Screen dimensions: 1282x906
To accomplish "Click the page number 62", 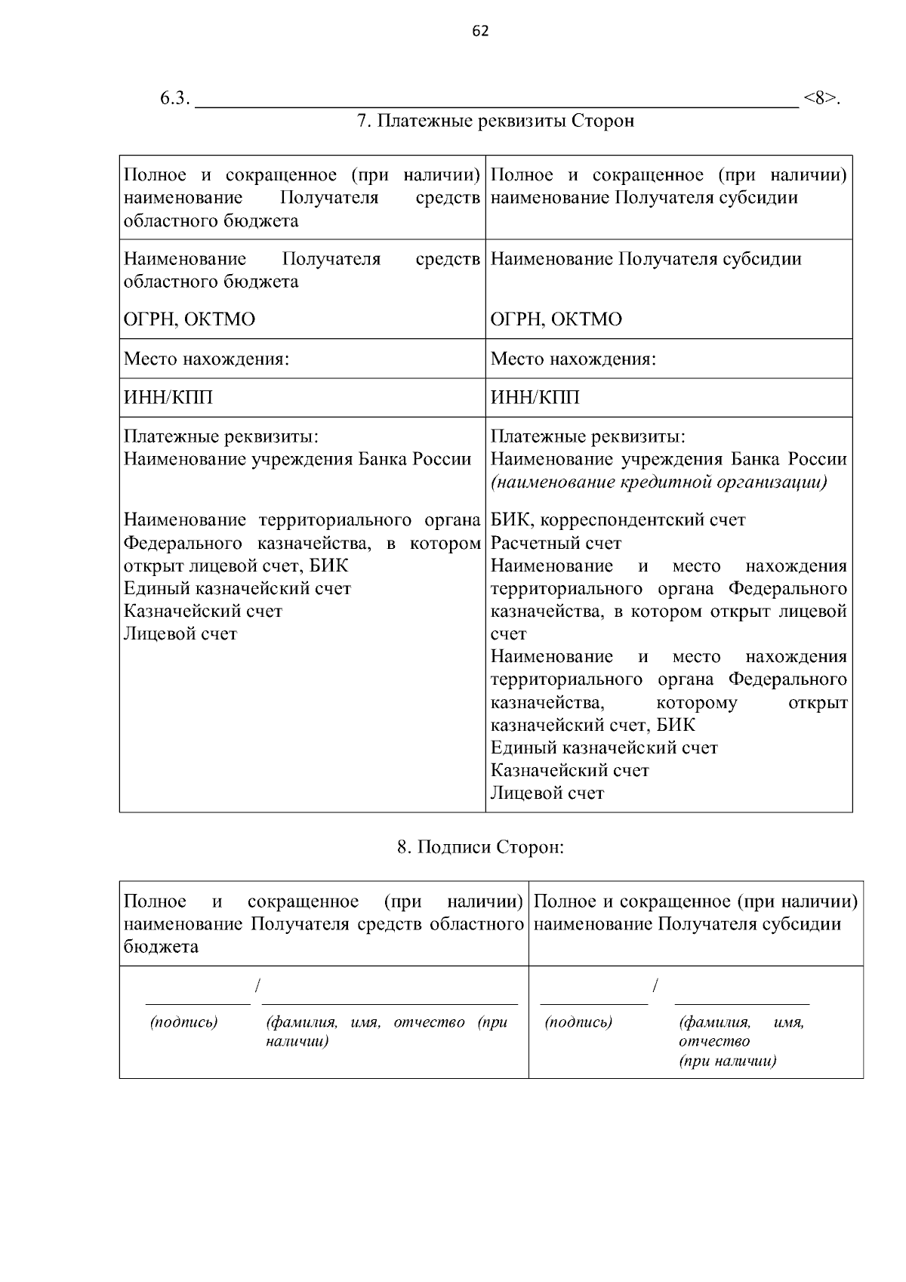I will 480,31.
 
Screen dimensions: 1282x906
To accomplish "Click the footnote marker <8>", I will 821,98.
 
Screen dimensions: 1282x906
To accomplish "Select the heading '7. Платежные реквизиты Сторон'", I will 495,121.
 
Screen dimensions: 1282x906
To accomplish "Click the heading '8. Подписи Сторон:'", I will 481,847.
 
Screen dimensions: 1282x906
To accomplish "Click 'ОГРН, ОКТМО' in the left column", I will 190,319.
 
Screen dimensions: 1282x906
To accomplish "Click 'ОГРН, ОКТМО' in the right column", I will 556,319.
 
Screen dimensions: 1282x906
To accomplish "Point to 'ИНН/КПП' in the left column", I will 168,398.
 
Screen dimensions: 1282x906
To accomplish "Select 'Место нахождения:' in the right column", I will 573,359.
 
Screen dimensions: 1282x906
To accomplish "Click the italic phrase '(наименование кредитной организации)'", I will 659,482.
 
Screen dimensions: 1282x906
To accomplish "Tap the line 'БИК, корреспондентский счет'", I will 618,520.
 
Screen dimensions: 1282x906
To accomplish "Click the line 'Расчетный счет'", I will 556,543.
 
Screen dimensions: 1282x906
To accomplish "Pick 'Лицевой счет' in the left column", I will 180,634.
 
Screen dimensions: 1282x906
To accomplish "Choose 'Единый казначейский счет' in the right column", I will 604,748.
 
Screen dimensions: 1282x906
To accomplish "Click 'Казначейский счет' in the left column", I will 203,611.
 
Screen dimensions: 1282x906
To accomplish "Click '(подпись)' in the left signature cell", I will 184,1022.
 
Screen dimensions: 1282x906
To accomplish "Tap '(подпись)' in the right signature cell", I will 578,1022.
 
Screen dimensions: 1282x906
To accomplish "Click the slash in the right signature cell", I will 655,986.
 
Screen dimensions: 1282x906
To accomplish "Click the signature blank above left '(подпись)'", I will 198,998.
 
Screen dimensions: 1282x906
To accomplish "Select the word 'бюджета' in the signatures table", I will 161,947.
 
